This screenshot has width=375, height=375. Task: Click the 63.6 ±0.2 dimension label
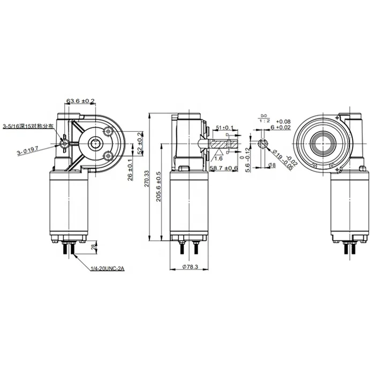80,101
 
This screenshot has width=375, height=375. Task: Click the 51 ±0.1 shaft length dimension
224,127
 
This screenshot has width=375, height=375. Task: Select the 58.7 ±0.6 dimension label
224,168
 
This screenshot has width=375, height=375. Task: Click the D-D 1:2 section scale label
264,118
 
